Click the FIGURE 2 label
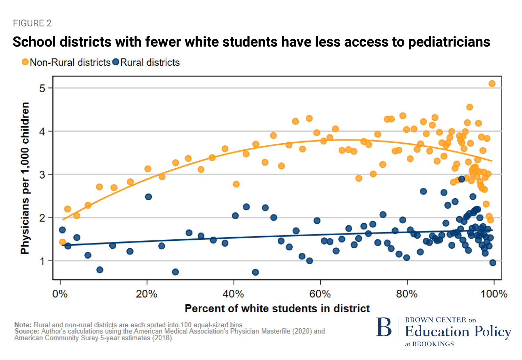[32, 23]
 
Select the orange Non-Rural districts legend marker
[25, 62]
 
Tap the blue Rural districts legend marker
[116, 62]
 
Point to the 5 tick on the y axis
[42, 88]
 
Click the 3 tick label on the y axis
[42, 175]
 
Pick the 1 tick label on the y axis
[42, 261]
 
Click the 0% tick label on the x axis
[60, 294]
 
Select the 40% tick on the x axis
[233, 294]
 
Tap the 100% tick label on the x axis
[494, 294]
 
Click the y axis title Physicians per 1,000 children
[25, 178]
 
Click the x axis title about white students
[277, 309]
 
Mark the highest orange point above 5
[492, 83]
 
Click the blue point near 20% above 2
[149, 197]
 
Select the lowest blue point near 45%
[255, 272]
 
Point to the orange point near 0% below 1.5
[63, 242]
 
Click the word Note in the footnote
[23, 325]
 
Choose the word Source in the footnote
[26, 331]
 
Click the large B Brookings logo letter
[384, 328]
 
